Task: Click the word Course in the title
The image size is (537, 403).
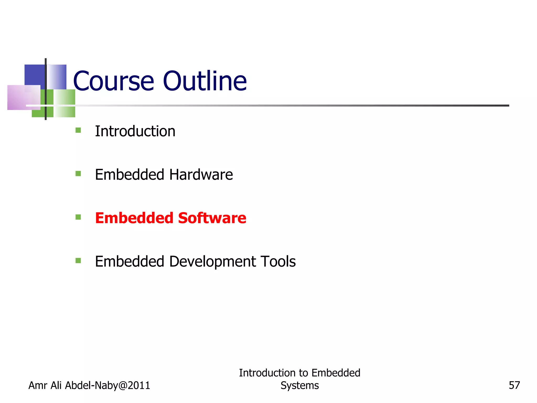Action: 113,81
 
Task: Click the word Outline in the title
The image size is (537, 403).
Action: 205,81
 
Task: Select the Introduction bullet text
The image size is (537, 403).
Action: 135,131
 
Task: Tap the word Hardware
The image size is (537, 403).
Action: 201,175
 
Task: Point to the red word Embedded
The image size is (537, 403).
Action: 134,218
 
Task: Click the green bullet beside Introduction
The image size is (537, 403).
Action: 78,130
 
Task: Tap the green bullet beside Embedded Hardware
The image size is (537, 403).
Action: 78,174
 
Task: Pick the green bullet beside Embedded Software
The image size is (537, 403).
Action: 78,217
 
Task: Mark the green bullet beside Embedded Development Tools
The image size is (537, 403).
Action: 78,261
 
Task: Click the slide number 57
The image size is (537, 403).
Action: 514,385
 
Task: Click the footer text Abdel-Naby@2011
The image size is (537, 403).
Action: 107,385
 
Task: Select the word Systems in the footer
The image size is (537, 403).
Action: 299,385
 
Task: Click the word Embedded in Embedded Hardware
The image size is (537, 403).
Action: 130,175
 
